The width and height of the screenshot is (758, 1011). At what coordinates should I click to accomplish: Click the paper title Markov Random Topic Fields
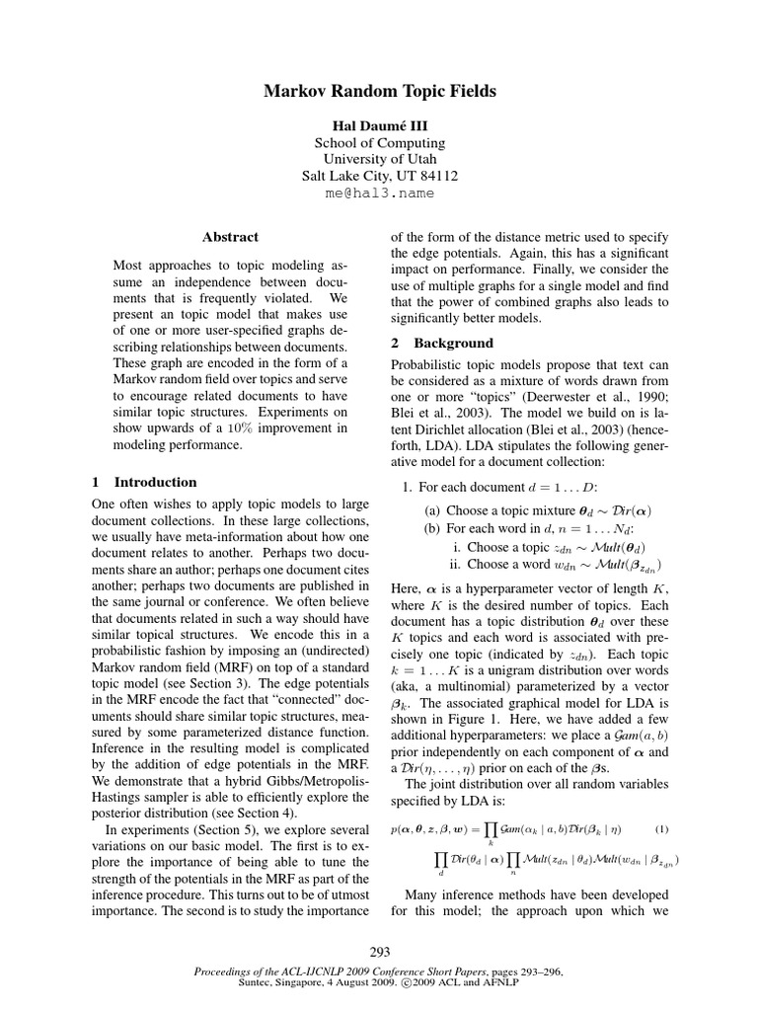click(x=379, y=92)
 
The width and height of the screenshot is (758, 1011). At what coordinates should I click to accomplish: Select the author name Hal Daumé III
click(x=379, y=124)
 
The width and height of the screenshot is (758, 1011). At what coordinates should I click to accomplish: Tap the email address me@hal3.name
click(x=379, y=194)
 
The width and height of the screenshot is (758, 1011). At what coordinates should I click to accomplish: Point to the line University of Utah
click(x=379, y=159)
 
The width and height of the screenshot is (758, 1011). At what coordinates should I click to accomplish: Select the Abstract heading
click(x=230, y=237)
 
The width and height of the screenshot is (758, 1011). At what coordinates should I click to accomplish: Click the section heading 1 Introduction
click(x=144, y=483)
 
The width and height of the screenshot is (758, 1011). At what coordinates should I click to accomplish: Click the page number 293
click(x=379, y=952)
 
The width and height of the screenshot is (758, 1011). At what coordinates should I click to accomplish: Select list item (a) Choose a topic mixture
click(x=539, y=511)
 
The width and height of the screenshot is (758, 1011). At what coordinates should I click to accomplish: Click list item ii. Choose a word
click(x=556, y=565)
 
